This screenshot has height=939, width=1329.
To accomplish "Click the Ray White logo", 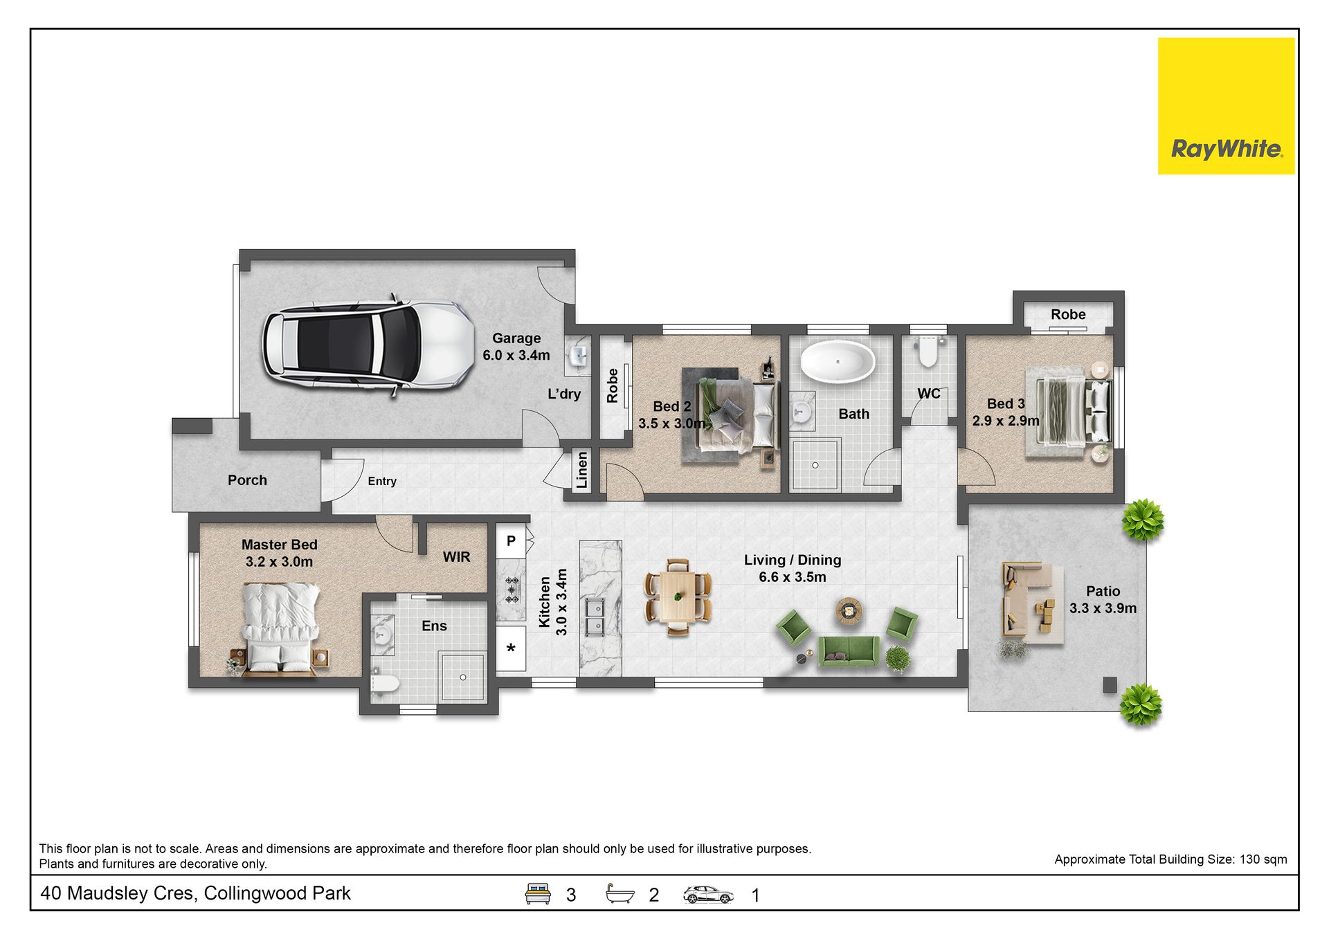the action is [x=1226, y=106].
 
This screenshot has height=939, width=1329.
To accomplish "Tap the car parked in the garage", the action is [x=368, y=346].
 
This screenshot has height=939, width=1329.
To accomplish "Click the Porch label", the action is [x=247, y=480].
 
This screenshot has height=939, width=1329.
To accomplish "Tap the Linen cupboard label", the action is [x=581, y=471].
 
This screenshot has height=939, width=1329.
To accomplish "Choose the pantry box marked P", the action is [x=511, y=542].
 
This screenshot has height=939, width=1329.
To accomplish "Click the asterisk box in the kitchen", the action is [x=511, y=649].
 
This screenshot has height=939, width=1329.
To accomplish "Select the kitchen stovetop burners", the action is [x=512, y=590].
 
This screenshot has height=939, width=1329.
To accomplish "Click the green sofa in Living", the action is [x=849, y=652].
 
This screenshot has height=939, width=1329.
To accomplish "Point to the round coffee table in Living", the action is [x=849, y=610].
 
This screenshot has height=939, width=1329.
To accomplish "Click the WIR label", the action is [x=456, y=557].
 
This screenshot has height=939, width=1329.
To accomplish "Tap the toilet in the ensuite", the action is [x=385, y=684].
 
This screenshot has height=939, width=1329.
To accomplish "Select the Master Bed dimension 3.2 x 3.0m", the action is [x=279, y=562].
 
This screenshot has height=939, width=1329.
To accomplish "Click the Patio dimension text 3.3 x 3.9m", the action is [x=1103, y=608].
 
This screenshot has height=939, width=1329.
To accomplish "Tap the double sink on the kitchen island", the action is [x=595, y=617].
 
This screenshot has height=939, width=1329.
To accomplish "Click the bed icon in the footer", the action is [x=538, y=893].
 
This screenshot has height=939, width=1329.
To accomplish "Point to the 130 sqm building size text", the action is [x=1263, y=859].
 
